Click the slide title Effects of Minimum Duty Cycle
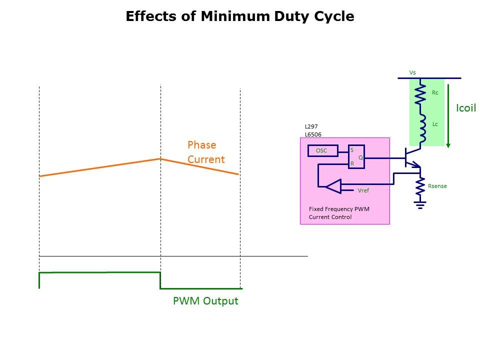(240, 16)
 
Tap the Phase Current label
(206, 152)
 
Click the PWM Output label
(205, 301)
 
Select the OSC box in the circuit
(321, 150)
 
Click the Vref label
(363, 190)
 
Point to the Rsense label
(437, 186)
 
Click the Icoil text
(466, 108)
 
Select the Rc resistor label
(435, 92)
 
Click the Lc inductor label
(435, 124)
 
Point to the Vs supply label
(412, 72)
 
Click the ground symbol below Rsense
(420, 204)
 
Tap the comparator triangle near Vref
(332, 187)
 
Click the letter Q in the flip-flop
(360, 157)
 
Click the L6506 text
(313, 134)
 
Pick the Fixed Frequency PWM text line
(339, 209)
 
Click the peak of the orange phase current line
(160, 158)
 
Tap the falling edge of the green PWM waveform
(160, 280)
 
